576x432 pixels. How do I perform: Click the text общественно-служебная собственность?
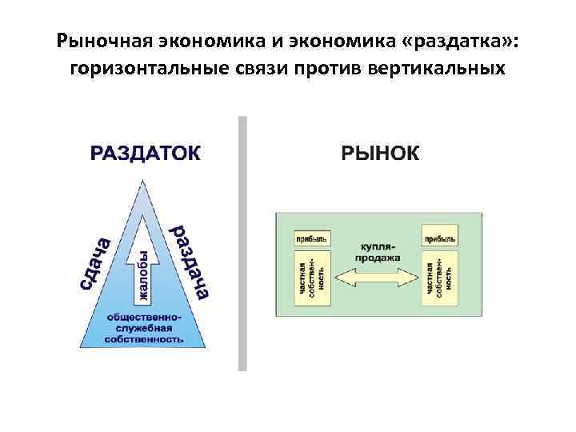[x=145, y=327]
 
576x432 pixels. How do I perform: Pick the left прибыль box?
[x=310, y=238]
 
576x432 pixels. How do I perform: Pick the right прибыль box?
[x=439, y=238]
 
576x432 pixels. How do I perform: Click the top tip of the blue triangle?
[x=144, y=181]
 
